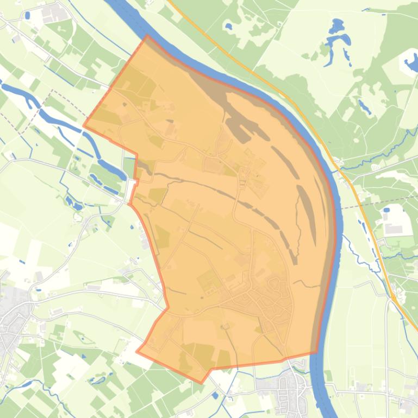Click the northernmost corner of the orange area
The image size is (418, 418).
coord(147,36)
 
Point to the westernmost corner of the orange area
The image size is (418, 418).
coord(83,126)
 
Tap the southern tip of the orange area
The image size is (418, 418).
coord(202,383)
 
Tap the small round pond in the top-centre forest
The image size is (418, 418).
coord(229,26)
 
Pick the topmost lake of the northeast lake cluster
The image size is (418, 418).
coord(337,25)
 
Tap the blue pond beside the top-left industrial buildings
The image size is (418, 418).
coord(27,15)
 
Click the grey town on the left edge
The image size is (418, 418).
coord(11,326)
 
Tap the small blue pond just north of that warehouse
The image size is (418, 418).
coord(386,210)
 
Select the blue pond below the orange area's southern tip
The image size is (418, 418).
coord(216,395)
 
